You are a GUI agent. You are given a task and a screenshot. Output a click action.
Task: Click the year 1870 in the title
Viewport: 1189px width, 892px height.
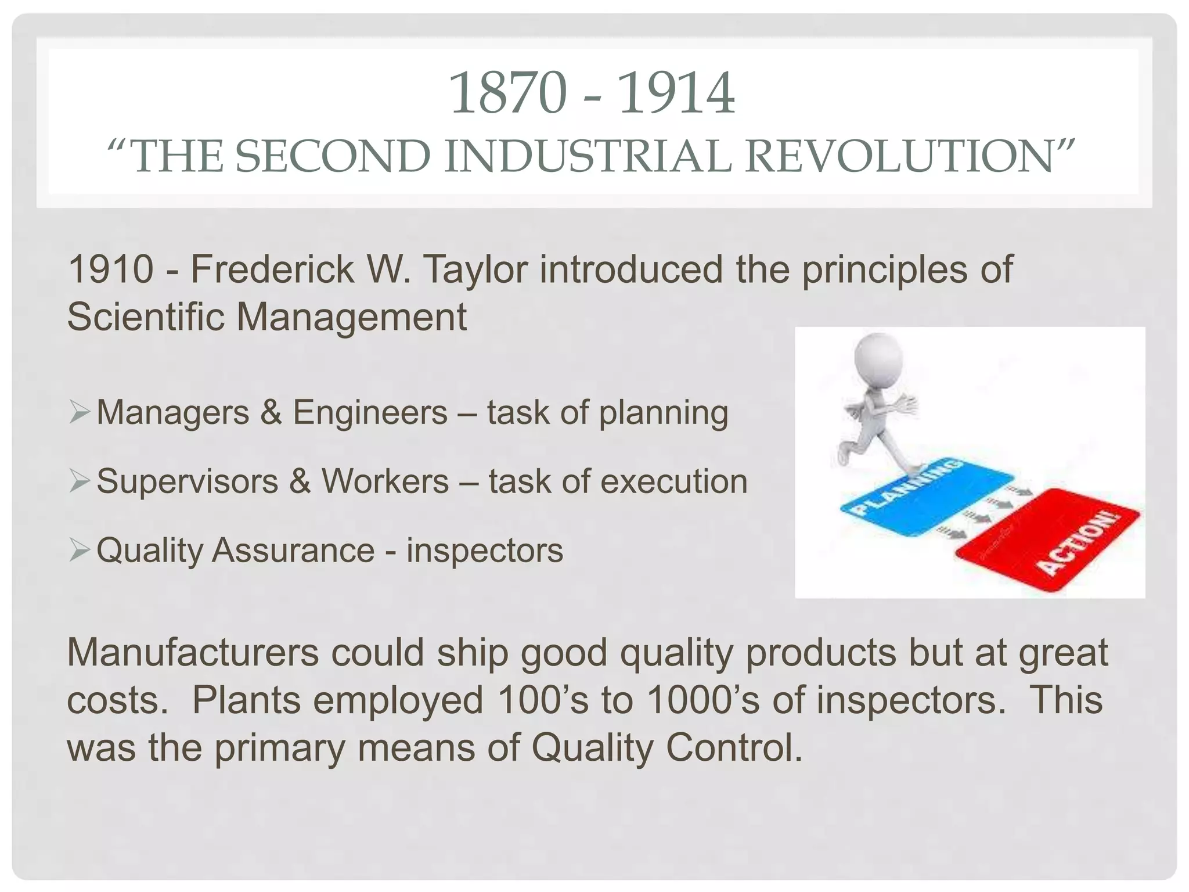(508, 93)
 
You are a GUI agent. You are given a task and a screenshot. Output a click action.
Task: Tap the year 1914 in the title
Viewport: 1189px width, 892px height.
(676, 93)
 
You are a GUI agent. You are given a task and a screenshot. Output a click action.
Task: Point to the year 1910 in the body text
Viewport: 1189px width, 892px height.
(111, 269)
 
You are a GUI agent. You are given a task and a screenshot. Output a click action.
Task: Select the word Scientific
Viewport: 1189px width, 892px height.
(146, 317)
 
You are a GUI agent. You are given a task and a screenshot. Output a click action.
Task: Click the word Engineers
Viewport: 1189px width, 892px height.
(370, 413)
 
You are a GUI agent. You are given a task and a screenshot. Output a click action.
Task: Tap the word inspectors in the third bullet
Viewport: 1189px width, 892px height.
(484, 551)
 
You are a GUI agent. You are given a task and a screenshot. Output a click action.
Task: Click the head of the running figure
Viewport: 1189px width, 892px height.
(878, 361)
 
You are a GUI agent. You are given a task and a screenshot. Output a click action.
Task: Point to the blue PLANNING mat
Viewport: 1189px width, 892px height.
(917, 497)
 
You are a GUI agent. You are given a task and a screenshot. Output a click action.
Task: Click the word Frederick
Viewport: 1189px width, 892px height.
(272, 269)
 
